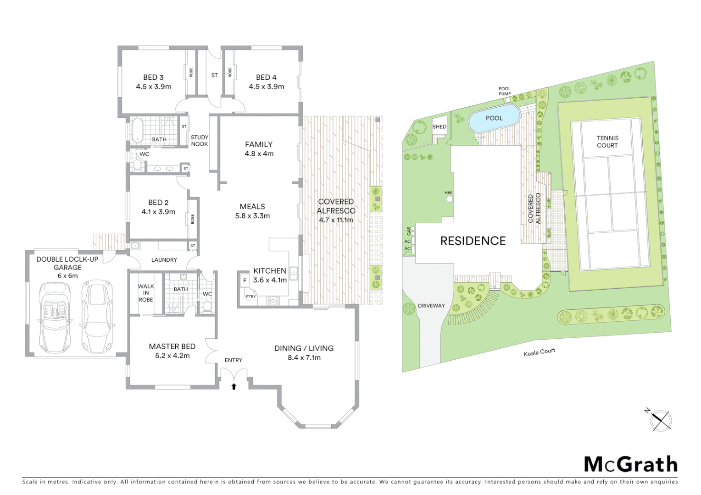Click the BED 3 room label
click(153, 82)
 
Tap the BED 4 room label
click(266, 82)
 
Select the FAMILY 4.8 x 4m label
click(259, 148)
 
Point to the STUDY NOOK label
click(200, 140)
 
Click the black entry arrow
click(234, 386)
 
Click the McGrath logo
click(630, 464)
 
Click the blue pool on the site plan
click(494, 118)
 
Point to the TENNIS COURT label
click(607, 141)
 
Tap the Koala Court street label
click(540, 352)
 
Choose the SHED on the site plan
click(439, 127)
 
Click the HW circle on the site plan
click(449, 199)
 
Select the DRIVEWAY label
click(431, 305)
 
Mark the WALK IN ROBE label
click(146, 293)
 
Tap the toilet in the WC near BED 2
click(137, 165)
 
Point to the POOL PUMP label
click(505, 91)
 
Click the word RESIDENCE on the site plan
click(473, 241)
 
